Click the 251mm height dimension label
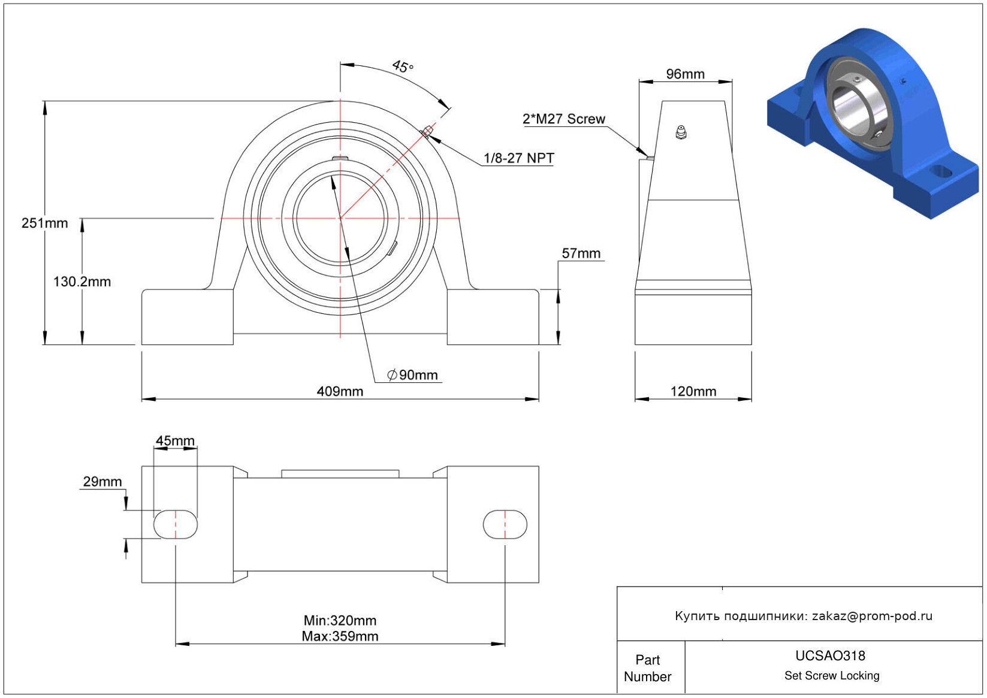44,223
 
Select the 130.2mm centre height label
82,282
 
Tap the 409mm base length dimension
340,391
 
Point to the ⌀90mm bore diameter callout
412,375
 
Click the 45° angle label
403,67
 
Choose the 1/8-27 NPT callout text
518,158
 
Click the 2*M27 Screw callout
563,119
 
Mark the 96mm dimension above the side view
685,74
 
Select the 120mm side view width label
693,391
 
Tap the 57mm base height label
581,253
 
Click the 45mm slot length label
175,440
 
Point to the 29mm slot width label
102,482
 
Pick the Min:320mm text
340,621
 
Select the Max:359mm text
340,636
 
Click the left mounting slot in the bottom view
176,524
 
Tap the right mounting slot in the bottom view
505,524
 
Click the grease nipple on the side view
681,132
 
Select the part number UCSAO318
830,655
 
